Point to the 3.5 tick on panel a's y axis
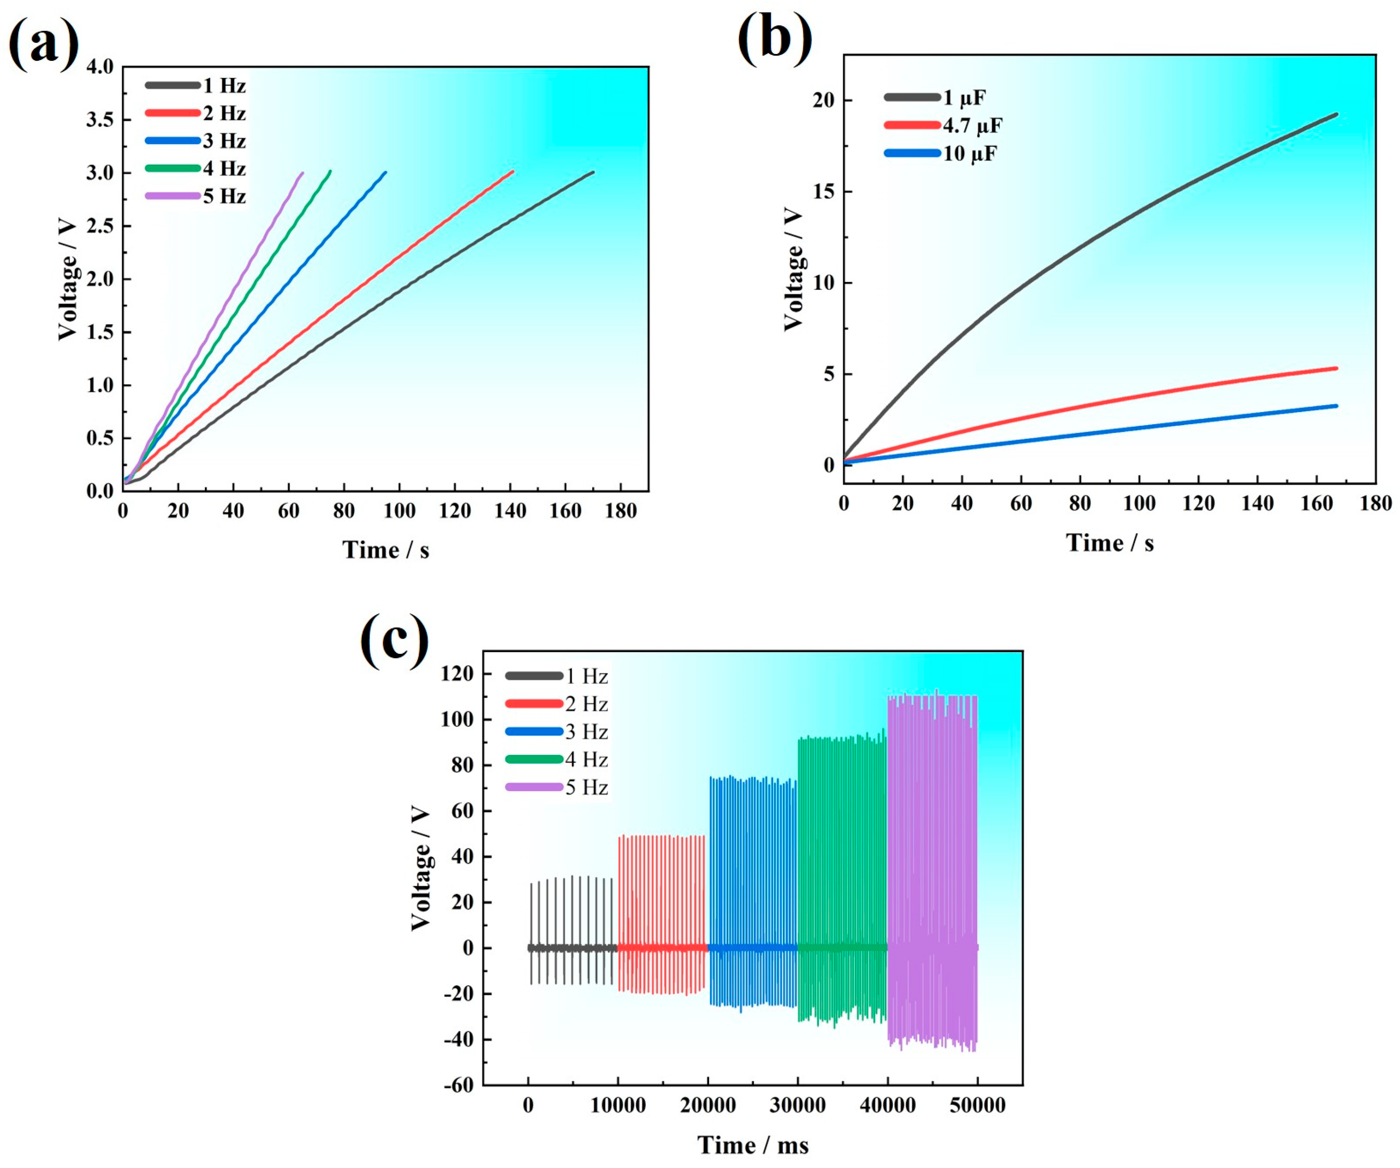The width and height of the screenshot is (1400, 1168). pos(100,120)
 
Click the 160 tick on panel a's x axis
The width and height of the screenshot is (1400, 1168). pos(565,511)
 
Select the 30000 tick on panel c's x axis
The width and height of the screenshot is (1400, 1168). pos(797,1105)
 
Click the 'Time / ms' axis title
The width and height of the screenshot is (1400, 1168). pos(753,1145)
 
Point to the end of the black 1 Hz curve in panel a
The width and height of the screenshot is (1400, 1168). pos(592,173)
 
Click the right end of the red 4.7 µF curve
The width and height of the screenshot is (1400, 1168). pos(1336,368)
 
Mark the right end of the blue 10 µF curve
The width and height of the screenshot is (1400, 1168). pos(1336,406)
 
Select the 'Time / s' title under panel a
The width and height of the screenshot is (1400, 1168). pos(385,550)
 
